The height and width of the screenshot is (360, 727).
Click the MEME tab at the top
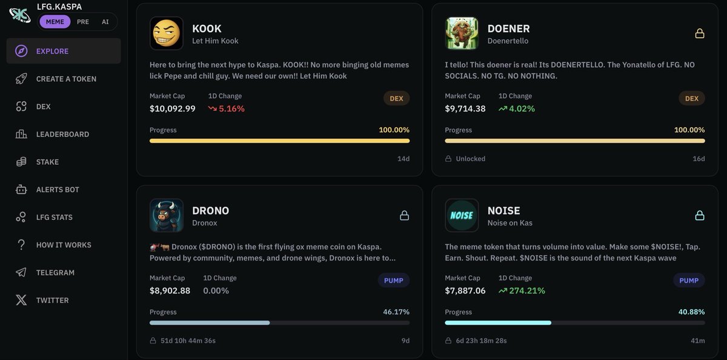55,22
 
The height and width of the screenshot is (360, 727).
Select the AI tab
105,22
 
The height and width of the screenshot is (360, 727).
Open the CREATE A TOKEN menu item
66,79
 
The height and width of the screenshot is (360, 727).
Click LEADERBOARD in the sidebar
62,134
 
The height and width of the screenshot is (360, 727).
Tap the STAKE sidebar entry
47,162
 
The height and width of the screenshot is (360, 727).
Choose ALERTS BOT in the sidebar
58,190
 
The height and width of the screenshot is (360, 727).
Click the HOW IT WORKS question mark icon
21,245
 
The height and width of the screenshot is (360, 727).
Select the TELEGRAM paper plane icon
21,273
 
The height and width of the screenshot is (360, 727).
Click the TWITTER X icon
21,300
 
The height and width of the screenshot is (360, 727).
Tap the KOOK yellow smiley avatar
167,33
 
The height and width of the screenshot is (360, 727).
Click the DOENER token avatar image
462,33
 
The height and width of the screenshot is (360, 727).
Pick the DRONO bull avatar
167,215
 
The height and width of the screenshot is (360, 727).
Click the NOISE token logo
462,215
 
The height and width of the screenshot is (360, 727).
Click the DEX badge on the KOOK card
396,98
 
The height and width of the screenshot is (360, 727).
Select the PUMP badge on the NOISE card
689,280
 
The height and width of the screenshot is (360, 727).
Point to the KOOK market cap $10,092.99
173,108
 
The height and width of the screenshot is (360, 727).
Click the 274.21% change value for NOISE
526,290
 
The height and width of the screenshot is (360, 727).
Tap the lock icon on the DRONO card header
404,215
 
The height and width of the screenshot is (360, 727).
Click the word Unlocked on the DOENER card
470,159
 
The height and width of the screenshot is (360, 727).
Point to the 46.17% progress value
396,312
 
